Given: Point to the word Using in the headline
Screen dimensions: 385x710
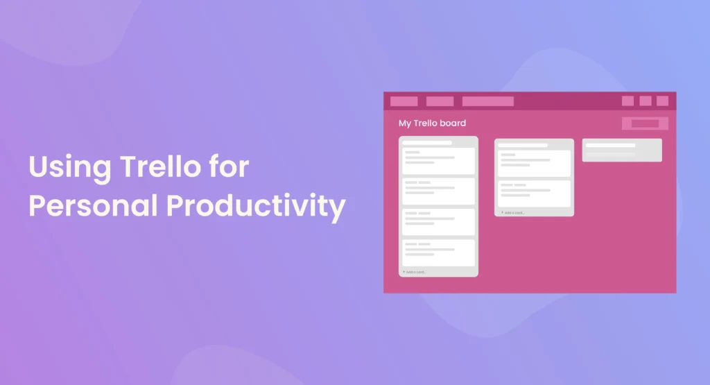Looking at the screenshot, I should point(68,167).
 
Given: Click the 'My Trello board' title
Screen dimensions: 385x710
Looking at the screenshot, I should point(432,123).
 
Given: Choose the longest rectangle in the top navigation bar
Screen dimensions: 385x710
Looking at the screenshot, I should point(487,101).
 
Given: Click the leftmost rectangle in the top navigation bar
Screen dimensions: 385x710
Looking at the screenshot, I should point(404,101).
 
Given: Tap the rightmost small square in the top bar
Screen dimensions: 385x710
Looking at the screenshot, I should point(662,101).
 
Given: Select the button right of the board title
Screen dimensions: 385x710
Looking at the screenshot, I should point(645,123).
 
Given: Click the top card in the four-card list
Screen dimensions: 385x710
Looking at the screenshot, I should point(438,161).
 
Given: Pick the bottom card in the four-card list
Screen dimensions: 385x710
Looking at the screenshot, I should point(438,253).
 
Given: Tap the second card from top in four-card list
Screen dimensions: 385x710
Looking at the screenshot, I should point(438,191).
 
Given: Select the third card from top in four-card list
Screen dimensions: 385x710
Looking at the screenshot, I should point(438,222).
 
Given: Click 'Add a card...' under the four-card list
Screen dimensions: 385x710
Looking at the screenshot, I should point(416,272).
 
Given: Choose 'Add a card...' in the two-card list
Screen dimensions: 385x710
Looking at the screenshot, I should point(514,212).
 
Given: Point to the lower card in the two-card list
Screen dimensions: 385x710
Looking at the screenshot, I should point(534,193).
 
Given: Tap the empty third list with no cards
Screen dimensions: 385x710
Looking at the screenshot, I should point(622,151).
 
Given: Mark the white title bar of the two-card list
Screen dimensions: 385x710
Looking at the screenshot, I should point(523,145).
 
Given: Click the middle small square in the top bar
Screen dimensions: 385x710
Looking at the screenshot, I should point(646,101).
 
